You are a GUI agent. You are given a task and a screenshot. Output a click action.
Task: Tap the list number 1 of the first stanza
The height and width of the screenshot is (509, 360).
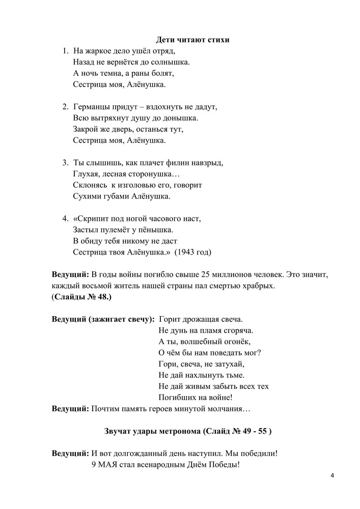click(x=65, y=51)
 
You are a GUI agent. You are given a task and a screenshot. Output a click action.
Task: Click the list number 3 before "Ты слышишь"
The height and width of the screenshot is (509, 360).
click(x=65, y=163)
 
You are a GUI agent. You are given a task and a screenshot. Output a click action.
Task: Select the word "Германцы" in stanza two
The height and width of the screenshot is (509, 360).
click(x=92, y=107)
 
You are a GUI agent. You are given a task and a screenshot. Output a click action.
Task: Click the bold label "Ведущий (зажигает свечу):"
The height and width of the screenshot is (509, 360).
click(x=103, y=319)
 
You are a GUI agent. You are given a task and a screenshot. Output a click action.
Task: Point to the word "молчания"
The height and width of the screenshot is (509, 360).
click(x=229, y=408)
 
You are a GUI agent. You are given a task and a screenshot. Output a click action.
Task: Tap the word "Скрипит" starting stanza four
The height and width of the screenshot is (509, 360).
click(x=87, y=219)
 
